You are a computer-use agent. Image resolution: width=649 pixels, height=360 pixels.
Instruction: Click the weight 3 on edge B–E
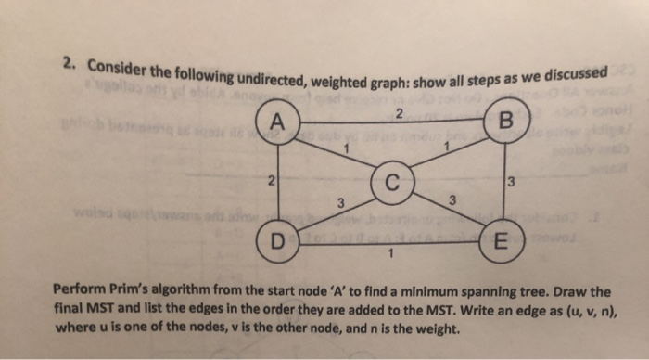(510, 183)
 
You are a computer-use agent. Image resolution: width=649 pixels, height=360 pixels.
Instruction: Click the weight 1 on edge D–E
(393, 255)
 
